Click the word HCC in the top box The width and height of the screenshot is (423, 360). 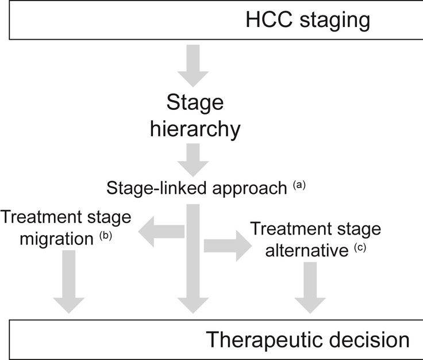[269, 20]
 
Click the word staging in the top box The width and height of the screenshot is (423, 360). [335, 21]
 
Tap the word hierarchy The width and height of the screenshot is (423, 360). [195, 129]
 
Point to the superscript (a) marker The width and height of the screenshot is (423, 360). [299, 185]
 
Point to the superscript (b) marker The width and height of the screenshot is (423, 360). [106, 236]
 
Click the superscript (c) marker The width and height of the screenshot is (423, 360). [360, 248]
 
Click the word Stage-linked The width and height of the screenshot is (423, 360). [157, 189]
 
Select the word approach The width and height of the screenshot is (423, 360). [249, 189]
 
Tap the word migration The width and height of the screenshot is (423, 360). [57, 239]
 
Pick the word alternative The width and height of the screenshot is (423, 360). [307, 251]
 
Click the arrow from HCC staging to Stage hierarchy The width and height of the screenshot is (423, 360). [193, 66]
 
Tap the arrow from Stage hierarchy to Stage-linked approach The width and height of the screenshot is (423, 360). [193, 160]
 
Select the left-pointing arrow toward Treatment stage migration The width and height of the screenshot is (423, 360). [161, 232]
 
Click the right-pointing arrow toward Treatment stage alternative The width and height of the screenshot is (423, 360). [228, 246]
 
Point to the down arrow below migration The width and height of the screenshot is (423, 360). [69, 282]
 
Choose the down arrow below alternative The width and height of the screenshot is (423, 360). [310, 288]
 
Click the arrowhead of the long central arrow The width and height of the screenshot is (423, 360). [193, 305]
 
